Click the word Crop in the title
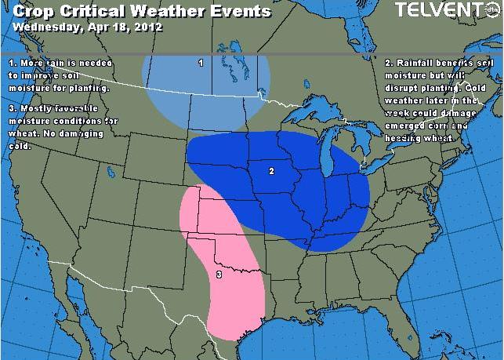[x=34, y=11]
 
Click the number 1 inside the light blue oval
[x=201, y=63]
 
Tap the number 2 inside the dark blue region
[x=270, y=170]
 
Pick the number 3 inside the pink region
[x=219, y=274]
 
